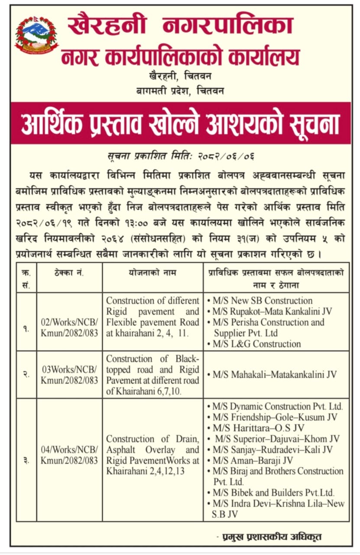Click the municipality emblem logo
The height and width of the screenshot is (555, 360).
pyautogui.click(x=36, y=36)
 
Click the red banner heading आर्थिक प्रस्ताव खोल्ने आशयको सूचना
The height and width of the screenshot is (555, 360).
pyautogui.click(x=181, y=124)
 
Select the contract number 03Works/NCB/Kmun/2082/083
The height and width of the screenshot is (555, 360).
pyautogui.click(x=70, y=375)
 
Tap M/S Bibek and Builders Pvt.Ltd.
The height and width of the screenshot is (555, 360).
pyautogui.click(x=273, y=493)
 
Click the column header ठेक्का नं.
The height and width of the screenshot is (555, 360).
pyautogui.click(x=70, y=273)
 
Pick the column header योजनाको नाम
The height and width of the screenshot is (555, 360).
pyautogui.click(x=152, y=273)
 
